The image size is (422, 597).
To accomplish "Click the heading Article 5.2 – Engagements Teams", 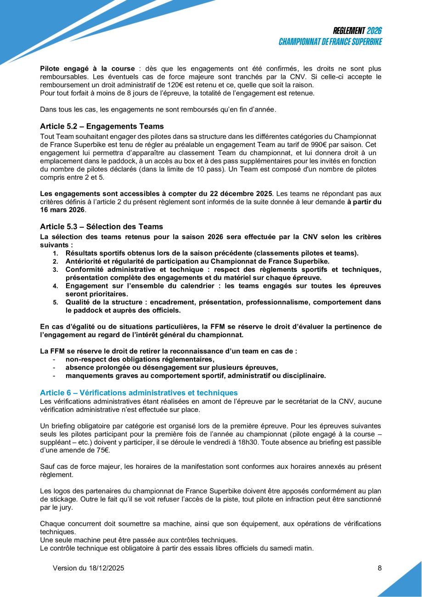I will tap(101, 126).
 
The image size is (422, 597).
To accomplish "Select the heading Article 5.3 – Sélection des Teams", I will tap(101, 226).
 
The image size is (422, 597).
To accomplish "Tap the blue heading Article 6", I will tap(139, 393).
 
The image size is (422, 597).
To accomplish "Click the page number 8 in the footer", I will tap(380, 568).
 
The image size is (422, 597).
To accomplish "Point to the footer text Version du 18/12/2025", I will tap(88, 568).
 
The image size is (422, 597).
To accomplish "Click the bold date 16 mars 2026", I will tap(62, 210).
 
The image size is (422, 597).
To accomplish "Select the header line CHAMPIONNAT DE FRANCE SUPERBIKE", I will tap(331, 42).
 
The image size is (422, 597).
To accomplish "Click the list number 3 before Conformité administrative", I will tap(55, 270).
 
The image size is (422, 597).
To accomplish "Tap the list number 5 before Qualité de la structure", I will tap(55, 303).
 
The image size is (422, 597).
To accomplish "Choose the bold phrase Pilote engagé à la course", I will tap(87, 68).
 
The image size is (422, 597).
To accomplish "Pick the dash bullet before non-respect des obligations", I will tap(55, 360).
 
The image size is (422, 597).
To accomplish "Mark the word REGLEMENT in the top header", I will tap(349, 31).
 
